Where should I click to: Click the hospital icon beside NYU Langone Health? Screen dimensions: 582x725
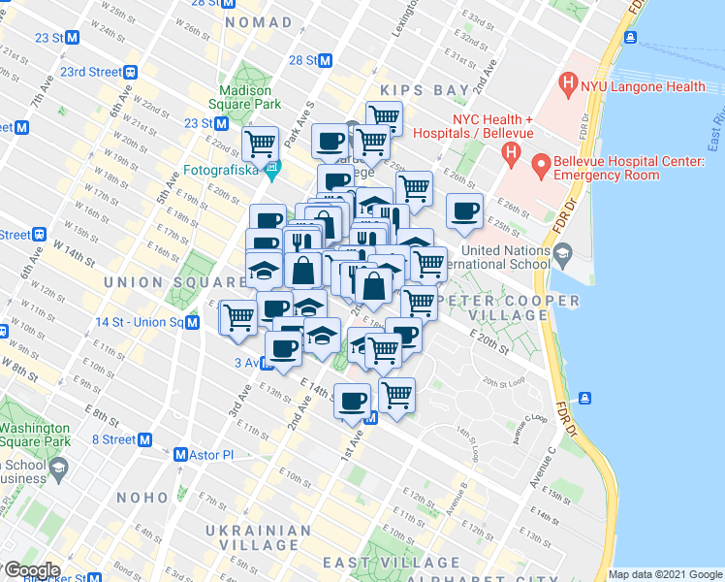568,86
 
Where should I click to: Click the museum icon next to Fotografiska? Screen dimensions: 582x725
271,174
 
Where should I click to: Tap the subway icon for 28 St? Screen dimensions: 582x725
326,60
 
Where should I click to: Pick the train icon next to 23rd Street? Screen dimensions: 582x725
129,72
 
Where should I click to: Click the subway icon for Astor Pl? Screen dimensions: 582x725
179,454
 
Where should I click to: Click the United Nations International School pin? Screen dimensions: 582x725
562,255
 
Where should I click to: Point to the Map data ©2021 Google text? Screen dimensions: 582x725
665,574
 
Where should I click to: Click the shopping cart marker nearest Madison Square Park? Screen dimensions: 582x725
260,145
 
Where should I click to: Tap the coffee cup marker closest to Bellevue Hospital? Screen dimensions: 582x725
464,210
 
